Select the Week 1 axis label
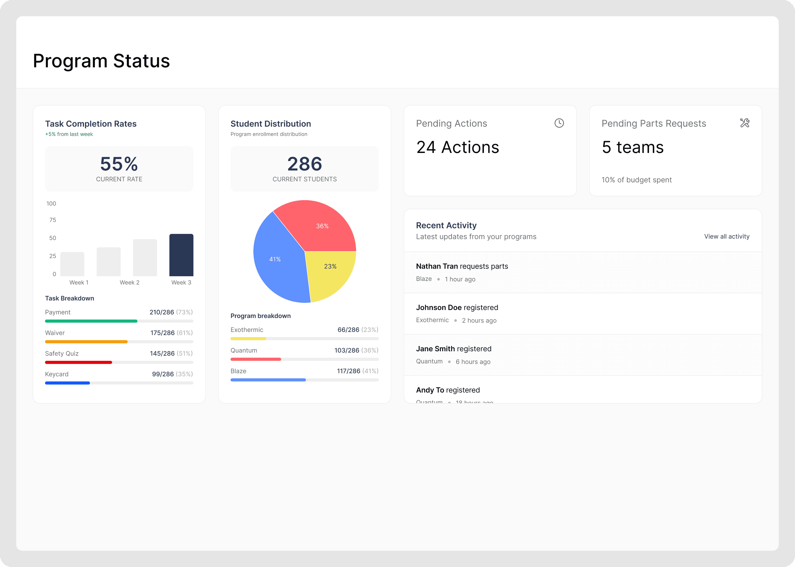tap(79, 282)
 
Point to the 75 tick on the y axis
tap(53, 220)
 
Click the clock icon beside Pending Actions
tap(559, 123)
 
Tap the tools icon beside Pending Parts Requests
tap(744, 123)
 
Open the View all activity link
tap(727, 236)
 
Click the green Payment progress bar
tap(91, 321)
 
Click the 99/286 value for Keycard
tap(163, 374)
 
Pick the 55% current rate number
tap(119, 164)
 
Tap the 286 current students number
tap(304, 164)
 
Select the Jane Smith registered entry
tap(453, 349)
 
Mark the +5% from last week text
tap(69, 134)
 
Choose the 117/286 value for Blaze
tap(349, 371)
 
